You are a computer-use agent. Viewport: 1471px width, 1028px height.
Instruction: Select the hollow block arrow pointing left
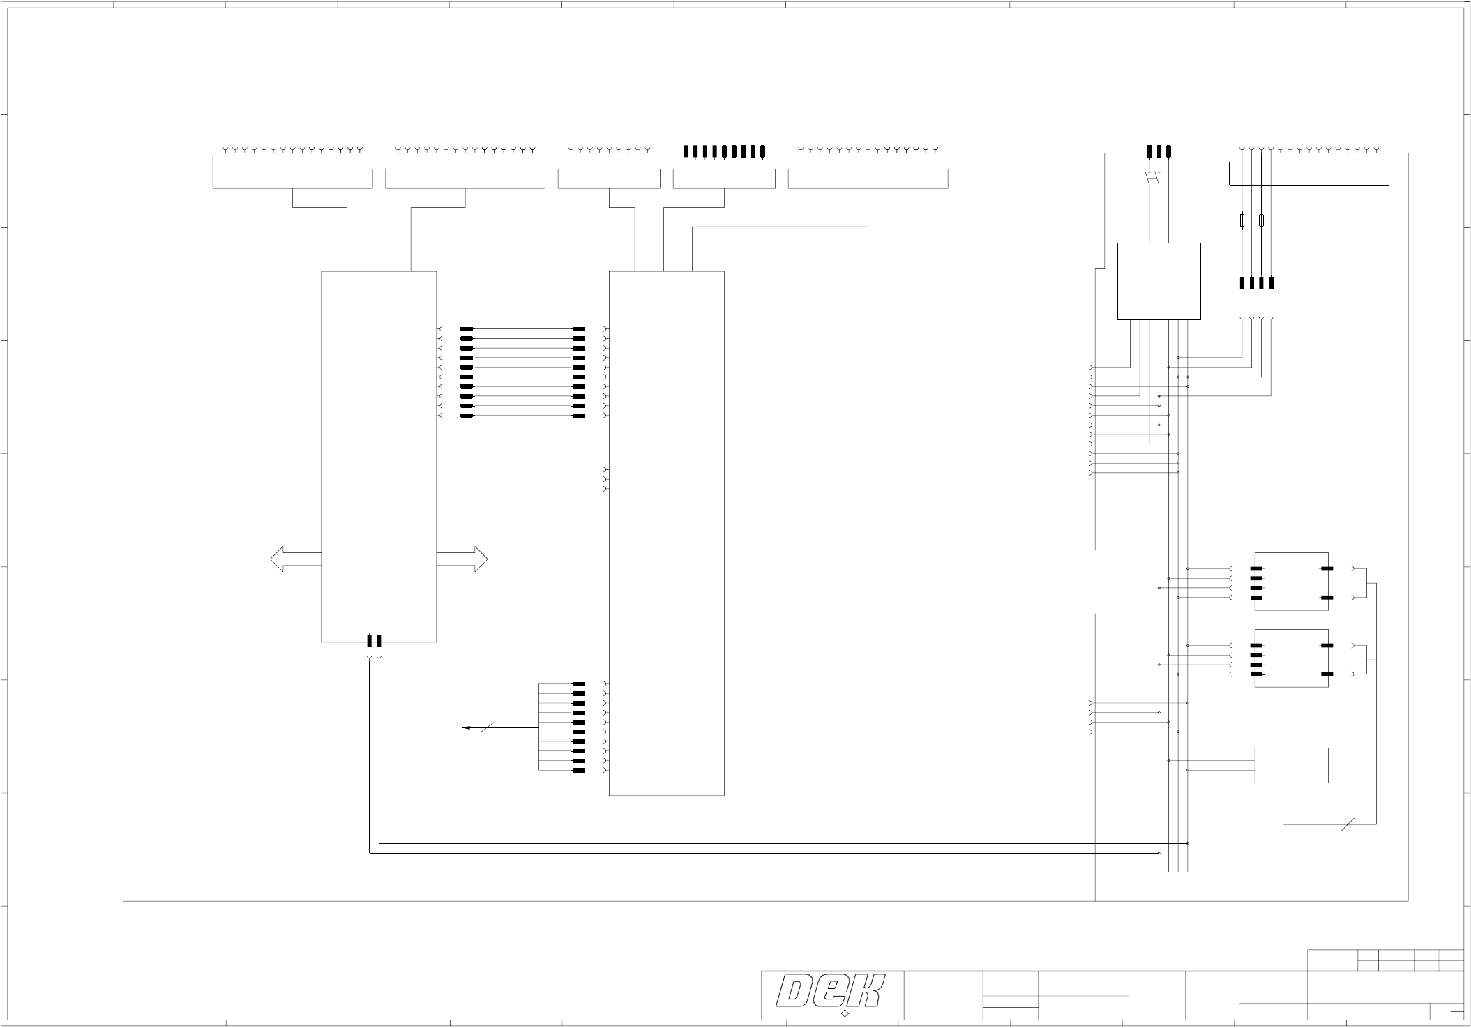tap(295, 559)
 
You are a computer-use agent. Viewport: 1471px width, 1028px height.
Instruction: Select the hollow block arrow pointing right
tap(462, 559)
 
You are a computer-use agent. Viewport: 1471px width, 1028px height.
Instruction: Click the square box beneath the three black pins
tap(1159, 281)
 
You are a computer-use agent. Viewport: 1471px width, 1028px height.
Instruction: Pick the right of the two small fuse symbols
tap(1261, 221)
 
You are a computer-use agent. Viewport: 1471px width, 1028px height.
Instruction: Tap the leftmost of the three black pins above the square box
tap(1149, 151)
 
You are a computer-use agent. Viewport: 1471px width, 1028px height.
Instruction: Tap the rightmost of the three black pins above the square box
tap(1168, 151)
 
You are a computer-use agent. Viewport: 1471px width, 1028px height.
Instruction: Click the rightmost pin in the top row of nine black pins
tap(762, 151)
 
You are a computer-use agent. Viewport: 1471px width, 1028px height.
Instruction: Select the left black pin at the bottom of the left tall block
tap(370, 640)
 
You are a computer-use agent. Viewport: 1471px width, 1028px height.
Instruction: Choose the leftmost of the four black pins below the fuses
tap(1242, 283)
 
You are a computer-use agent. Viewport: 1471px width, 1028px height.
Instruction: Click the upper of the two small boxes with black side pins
tap(1291, 581)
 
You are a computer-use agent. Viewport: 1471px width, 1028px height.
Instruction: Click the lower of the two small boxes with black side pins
tap(1291, 658)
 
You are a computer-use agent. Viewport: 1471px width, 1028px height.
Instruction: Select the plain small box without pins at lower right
tap(1291, 765)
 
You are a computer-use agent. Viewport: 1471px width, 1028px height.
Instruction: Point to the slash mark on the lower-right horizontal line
tap(1348, 824)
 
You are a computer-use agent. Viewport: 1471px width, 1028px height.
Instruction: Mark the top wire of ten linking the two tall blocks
tap(523, 328)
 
